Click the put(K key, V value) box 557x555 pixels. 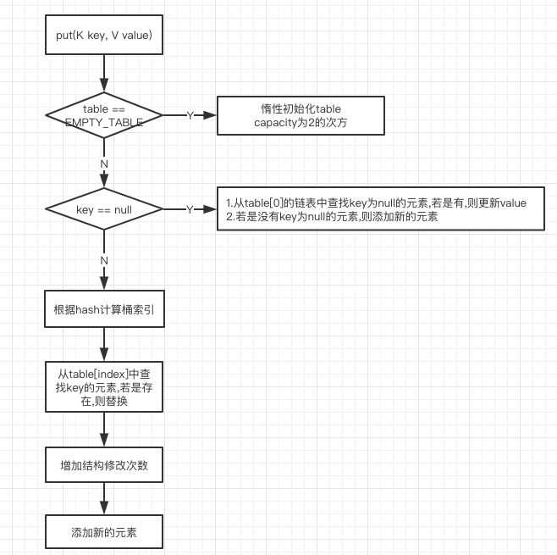pos(103,36)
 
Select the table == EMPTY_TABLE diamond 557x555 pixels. pos(103,115)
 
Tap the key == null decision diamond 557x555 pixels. pos(103,208)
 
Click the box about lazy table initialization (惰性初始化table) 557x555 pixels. pos(301,115)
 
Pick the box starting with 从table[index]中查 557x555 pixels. pos(103,386)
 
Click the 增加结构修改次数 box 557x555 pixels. pos(103,465)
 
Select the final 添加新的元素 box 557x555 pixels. pos(103,533)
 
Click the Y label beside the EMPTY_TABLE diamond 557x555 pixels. pos(190,115)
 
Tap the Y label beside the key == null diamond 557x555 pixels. pos(190,208)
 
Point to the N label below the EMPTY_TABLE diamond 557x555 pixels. pos(104,163)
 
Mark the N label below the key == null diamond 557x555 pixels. pos(104,260)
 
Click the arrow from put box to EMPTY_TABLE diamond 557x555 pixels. pos(104,75)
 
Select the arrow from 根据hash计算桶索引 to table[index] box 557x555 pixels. pos(104,344)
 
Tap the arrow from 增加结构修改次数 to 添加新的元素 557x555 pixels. pos(104,499)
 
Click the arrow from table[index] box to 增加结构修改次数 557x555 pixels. pos(104,430)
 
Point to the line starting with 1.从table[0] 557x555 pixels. pos(375,203)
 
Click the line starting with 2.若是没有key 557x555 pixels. pos(331,216)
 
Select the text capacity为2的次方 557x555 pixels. pos(301,123)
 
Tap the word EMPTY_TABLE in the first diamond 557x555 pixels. pos(103,122)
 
